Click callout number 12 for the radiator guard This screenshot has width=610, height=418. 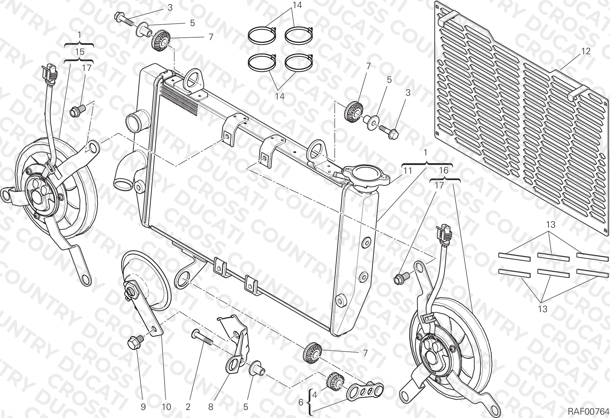(586, 51)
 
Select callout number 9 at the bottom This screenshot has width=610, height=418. (143, 407)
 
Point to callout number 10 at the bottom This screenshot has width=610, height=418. (167, 407)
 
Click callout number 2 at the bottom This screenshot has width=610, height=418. (188, 407)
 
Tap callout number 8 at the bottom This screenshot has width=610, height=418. (211, 407)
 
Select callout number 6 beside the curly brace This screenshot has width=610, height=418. (301, 402)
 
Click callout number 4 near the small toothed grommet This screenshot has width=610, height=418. (314, 395)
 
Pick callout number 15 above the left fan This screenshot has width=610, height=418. (80, 52)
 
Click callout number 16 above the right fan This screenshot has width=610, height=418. (443, 170)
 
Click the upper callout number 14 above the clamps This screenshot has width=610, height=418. (297, 5)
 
